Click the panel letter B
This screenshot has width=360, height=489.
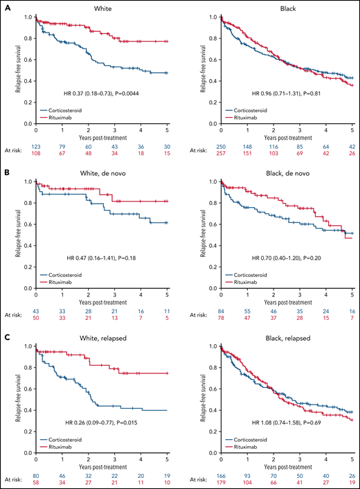click(x=5, y=171)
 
